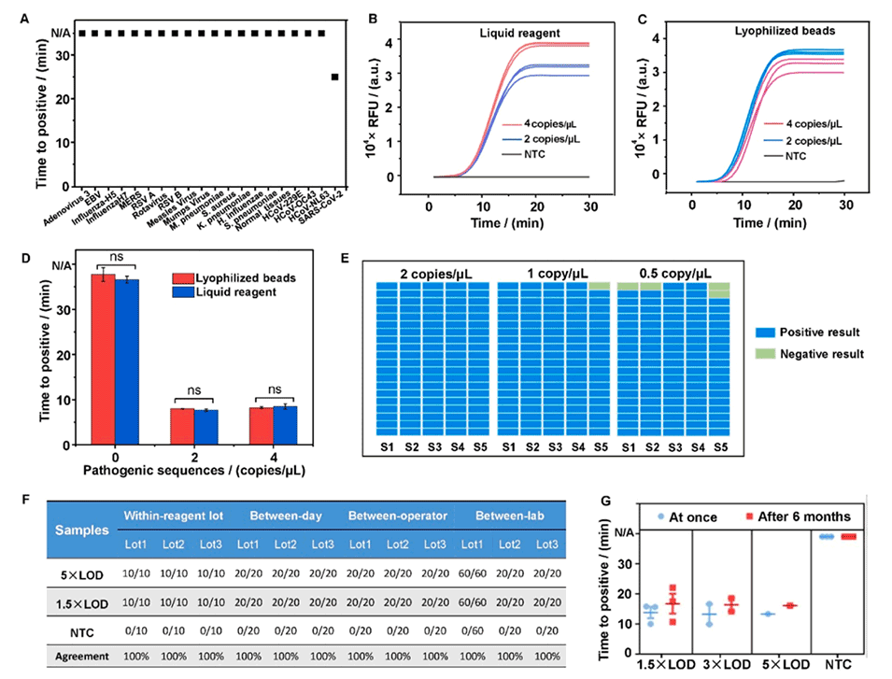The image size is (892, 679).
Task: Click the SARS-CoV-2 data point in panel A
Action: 335,77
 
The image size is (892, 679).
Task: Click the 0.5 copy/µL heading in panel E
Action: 673,273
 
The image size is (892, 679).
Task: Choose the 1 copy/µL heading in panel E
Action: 553,273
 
